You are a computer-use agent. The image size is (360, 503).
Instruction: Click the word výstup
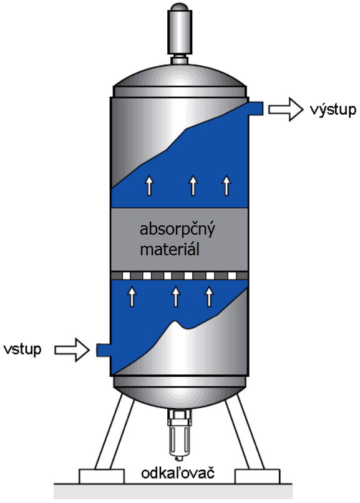click(x=333, y=110)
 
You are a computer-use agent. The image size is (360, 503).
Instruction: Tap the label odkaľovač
click(x=178, y=473)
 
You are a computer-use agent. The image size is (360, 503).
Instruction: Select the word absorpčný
click(x=177, y=230)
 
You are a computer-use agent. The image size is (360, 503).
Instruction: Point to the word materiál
click(x=170, y=249)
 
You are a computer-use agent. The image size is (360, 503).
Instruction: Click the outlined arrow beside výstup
click(x=285, y=109)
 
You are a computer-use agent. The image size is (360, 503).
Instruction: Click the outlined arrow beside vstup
click(x=72, y=349)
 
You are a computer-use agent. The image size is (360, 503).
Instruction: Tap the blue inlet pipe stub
click(x=104, y=349)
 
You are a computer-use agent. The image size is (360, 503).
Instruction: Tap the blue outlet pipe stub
click(x=256, y=108)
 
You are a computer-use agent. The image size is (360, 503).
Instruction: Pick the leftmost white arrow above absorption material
click(x=149, y=185)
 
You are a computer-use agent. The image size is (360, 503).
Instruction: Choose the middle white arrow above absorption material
click(x=193, y=185)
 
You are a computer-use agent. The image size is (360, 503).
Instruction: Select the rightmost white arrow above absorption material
click(x=226, y=185)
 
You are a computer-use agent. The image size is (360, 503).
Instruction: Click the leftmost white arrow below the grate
click(x=132, y=296)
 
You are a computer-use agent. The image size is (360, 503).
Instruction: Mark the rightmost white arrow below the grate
click(x=209, y=296)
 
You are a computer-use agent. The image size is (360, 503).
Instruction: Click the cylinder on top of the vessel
click(x=180, y=31)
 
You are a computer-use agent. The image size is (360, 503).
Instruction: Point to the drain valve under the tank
click(x=179, y=433)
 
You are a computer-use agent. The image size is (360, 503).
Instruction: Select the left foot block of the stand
click(x=101, y=476)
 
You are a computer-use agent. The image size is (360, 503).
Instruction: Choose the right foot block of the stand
click(x=257, y=476)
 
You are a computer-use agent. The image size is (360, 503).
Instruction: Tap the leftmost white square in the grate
click(x=126, y=276)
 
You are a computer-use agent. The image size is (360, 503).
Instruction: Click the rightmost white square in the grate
click(x=232, y=276)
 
